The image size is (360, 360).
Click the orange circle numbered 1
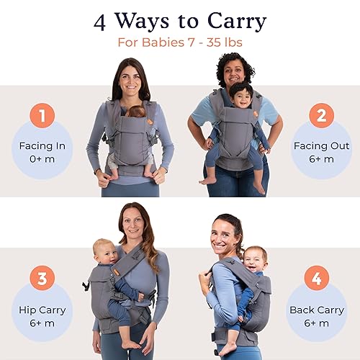42,116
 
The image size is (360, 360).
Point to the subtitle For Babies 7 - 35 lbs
180,42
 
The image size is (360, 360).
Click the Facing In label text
42,146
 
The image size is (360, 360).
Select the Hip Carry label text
42,310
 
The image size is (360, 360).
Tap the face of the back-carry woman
225,241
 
